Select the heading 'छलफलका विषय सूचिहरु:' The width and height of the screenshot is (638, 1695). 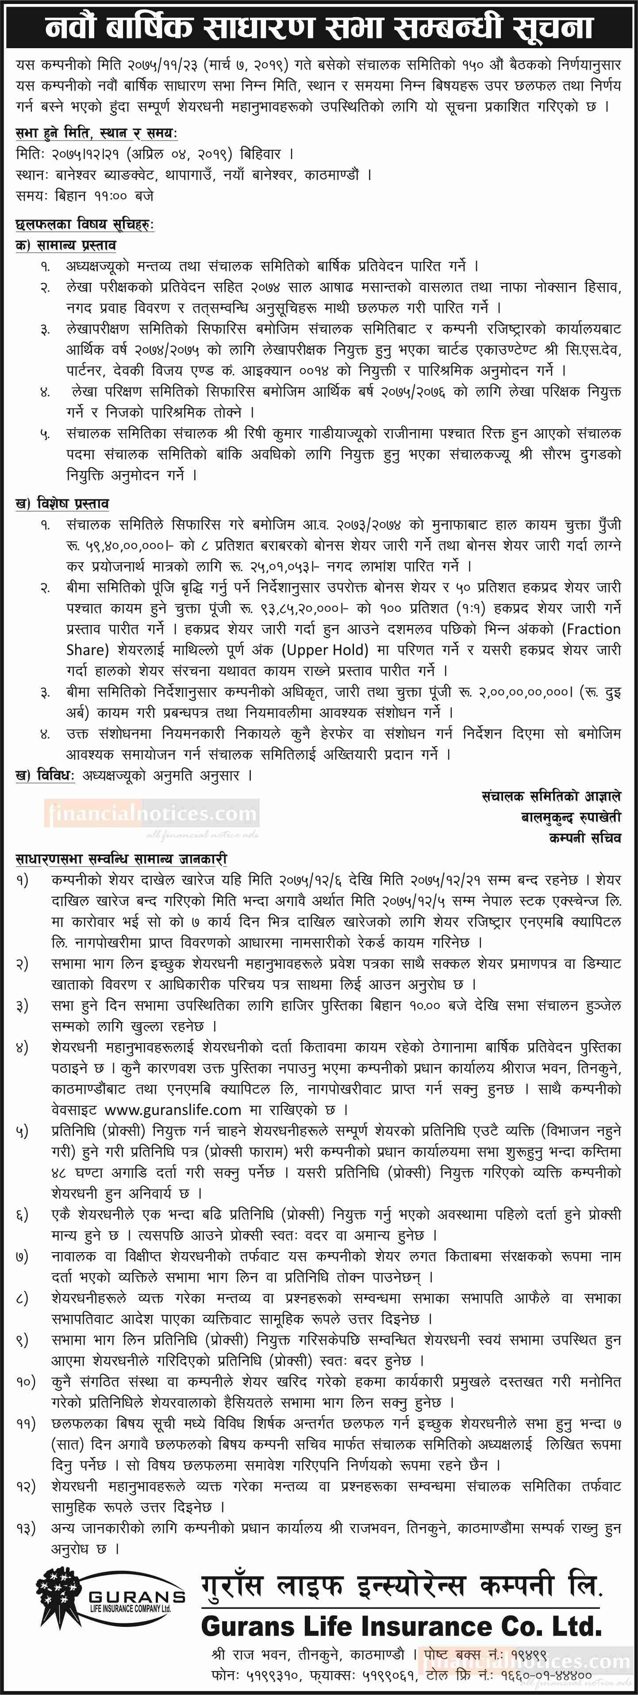[x=84, y=225]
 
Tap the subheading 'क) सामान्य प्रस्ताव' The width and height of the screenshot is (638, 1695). [x=66, y=245]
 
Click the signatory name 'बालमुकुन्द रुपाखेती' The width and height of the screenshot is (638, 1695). [x=570, y=817]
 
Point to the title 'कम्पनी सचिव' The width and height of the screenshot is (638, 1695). [x=584, y=838]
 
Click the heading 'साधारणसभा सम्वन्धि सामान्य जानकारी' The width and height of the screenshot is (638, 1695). [x=121, y=859]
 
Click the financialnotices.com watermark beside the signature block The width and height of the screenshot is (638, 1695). [x=152, y=815]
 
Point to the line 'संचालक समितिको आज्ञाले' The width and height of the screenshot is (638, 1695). [x=551, y=797]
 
